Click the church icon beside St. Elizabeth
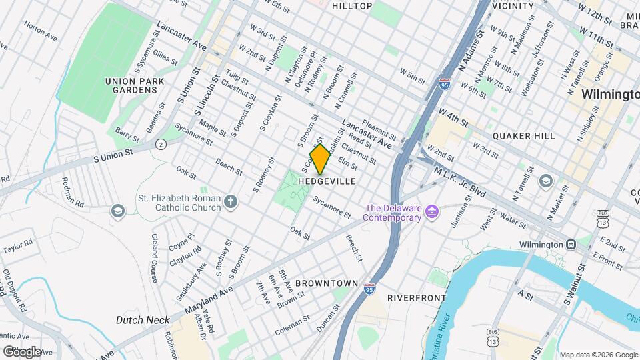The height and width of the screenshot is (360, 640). click(x=231, y=201)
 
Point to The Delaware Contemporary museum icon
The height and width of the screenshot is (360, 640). click(x=432, y=212)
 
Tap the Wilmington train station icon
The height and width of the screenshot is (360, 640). click(x=571, y=245)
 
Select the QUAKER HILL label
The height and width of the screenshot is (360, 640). click(x=523, y=136)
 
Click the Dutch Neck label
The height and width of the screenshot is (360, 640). click(x=143, y=320)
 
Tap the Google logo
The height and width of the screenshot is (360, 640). click(x=22, y=351)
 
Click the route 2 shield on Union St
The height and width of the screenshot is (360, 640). click(x=161, y=144)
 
